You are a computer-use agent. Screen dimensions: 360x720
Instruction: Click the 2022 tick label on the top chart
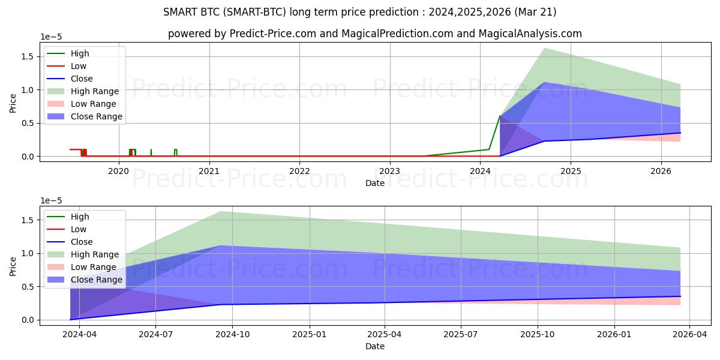pyautogui.click(x=299, y=171)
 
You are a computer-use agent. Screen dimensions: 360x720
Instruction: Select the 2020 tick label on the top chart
pyautogui.click(x=118, y=171)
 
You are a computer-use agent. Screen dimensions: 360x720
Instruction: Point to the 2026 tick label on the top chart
pyautogui.click(x=661, y=171)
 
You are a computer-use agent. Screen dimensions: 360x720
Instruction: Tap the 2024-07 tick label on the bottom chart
pyautogui.click(x=155, y=334)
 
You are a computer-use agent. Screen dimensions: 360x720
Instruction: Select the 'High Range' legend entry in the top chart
pyautogui.click(x=94, y=91)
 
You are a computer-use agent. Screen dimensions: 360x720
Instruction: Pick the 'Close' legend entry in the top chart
pyautogui.click(x=82, y=79)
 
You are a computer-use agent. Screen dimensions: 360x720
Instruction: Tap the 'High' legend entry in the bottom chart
pyautogui.click(x=80, y=217)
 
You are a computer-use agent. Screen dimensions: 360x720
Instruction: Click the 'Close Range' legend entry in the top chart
pyautogui.click(x=96, y=116)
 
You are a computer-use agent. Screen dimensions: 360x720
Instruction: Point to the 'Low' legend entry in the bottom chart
pyautogui.click(x=79, y=229)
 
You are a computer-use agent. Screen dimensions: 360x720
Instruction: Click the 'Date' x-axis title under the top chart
pyautogui.click(x=375, y=183)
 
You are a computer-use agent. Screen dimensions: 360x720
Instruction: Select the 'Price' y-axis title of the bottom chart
pyautogui.click(x=13, y=265)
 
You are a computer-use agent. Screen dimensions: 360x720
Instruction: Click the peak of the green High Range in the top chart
pyautogui.click(x=544, y=48)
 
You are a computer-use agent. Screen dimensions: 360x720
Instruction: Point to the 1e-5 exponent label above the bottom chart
pyautogui.click(x=50, y=200)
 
